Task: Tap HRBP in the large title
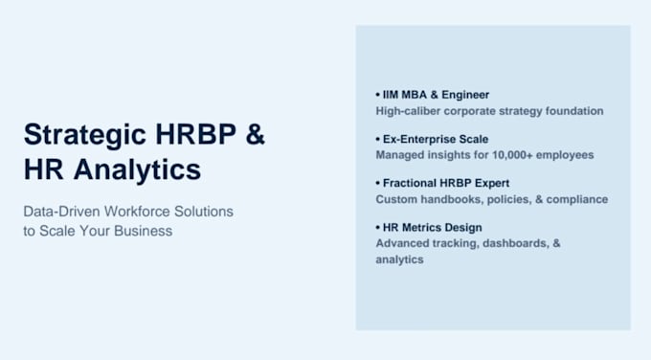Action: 195,134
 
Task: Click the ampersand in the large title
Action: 255,134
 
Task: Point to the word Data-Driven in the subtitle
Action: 62,212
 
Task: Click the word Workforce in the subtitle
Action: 137,212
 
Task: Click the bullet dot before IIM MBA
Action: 378,95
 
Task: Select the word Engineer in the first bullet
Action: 465,95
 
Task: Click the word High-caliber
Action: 408,111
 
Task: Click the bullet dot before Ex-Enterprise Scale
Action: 378,139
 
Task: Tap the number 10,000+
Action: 512,155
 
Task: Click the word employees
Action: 565,155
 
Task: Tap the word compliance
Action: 577,199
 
